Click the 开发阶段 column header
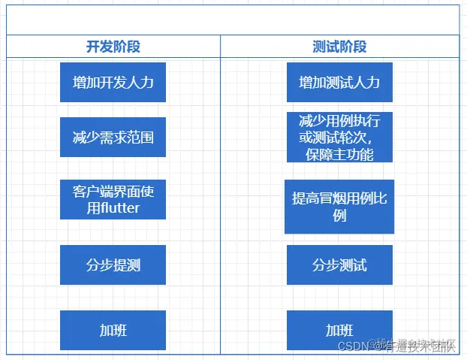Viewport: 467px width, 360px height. (x=113, y=47)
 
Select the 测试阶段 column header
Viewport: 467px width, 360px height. (x=339, y=47)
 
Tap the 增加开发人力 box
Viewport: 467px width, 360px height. (x=113, y=82)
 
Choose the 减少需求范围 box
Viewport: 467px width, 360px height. (x=113, y=137)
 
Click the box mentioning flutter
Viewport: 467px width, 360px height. (x=113, y=199)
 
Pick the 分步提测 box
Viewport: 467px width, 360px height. (x=113, y=265)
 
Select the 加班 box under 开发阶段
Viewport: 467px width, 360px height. (x=113, y=330)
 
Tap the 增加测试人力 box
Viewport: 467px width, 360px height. (x=339, y=82)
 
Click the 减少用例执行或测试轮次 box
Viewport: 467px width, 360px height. (x=339, y=138)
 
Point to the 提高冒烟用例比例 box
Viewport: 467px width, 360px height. (x=339, y=206)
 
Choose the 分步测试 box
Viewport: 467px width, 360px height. (x=339, y=265)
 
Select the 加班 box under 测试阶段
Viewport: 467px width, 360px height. (x=339, y=330)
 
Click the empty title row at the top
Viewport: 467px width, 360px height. (x=233, y=20)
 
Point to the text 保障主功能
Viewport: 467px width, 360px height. (x=339, y=154)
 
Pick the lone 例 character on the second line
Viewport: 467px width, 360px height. (x=339, y=216)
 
